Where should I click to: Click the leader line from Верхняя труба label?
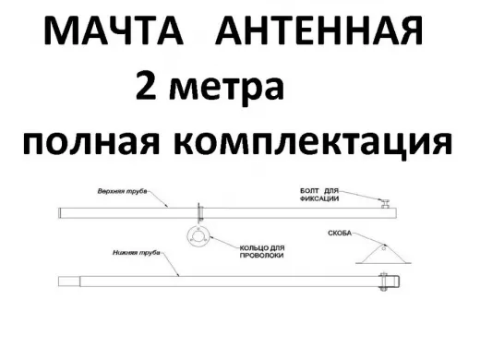tap(161, 200)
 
